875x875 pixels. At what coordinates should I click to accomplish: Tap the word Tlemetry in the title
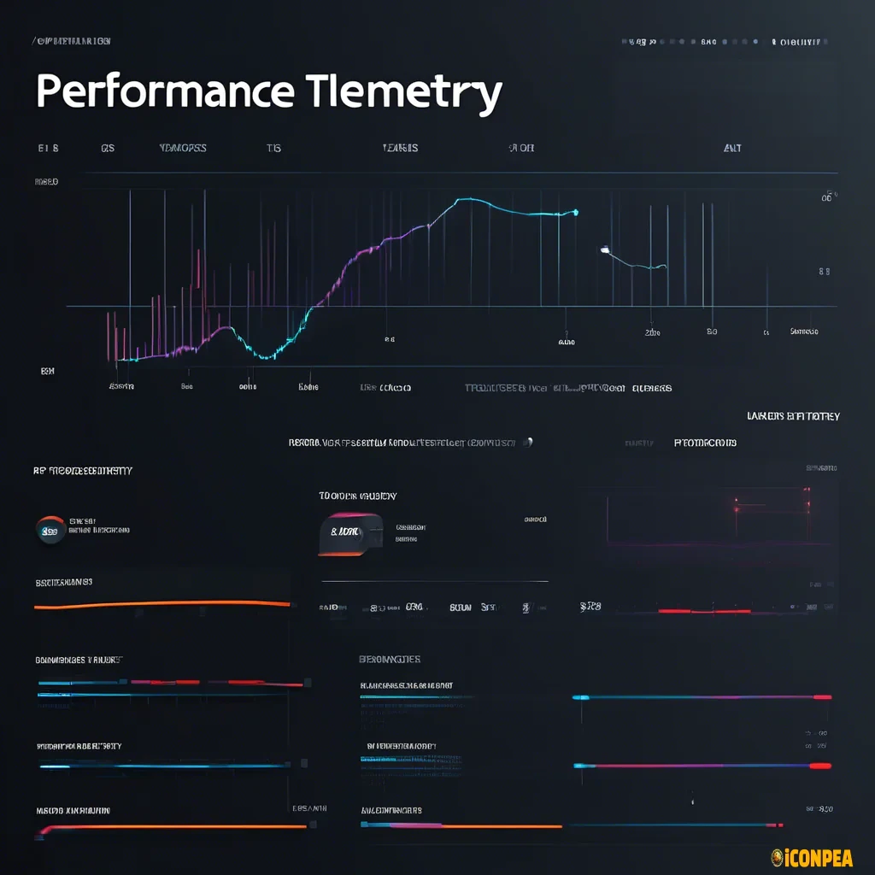(x=402, y=91)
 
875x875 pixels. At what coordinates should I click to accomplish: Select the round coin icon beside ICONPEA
(x=778, y=857)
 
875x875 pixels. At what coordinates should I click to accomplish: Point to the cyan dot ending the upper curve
(x=576, y=212)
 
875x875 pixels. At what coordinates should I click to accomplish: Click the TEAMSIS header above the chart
(x=400, y=148)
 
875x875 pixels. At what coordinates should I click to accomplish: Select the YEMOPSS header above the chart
(x=183, y=148)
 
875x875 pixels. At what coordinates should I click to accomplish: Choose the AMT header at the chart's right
(x=732, y=148)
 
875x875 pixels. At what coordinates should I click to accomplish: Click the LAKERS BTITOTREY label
(x=793, y=416)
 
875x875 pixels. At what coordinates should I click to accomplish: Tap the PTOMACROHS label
(x=705, y=443)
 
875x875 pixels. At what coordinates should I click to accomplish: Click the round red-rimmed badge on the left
(x=50, y=530)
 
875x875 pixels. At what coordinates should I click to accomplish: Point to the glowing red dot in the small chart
(x=734, y=506)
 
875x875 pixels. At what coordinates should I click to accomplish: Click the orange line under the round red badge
(x=162, y=604)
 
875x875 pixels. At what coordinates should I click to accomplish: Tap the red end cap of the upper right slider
(x=822, y=697)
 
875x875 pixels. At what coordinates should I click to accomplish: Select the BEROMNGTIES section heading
(x=389, y=660)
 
